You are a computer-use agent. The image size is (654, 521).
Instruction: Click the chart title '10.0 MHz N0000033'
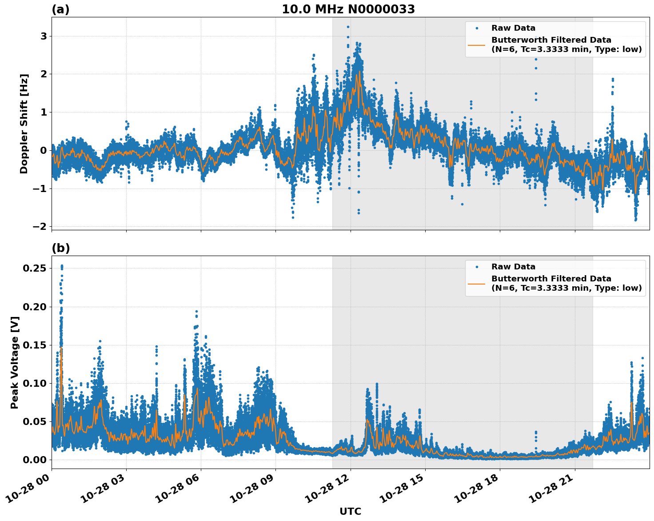point(348,9)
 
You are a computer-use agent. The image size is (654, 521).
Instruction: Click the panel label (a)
point(60,9)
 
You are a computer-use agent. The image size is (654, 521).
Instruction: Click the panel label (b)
point(60,248)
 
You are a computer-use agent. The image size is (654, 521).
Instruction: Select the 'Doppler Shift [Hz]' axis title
point(24,124)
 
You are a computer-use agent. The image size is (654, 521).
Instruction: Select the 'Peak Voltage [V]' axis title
point(15,362)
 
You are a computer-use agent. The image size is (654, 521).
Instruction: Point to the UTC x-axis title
point(350,511)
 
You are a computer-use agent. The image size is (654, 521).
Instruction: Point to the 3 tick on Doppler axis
point(44,36)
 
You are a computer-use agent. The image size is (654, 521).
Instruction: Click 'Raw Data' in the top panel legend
point(513,28)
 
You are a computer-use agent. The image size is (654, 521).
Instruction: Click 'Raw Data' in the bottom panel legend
point(513,267)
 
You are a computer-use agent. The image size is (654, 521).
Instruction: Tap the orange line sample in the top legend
point(477,44)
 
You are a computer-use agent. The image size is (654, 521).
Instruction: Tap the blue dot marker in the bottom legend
point(477,267)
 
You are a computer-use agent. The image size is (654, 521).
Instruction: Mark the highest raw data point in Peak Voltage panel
point(62,266)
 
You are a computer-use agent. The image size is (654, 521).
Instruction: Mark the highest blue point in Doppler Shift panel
point(348,27)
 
